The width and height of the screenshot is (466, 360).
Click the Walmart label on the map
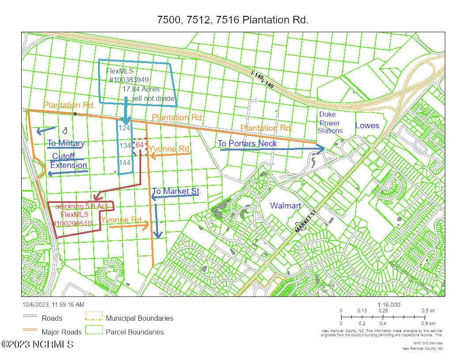point(286,206)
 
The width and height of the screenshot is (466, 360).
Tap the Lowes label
point(367,126)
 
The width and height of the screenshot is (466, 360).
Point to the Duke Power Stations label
point(330,123)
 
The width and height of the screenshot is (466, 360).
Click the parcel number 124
point(124,128)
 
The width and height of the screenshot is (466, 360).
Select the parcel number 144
point(124,162)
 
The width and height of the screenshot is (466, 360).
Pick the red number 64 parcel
point(140,145)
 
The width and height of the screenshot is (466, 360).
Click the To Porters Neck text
point(248,143)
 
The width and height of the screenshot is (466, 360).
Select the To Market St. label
point(177,191)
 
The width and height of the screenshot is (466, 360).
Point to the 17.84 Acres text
point(141,89)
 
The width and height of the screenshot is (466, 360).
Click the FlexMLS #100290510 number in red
point(72,224)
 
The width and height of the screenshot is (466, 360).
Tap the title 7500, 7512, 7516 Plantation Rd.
point(233,20)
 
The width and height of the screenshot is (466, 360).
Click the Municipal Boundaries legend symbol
point(93,317)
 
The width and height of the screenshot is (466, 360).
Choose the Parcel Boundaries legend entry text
point(135,332)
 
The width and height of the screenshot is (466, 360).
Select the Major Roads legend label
point(62,332)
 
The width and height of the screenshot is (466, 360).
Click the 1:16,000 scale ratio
point(389,305)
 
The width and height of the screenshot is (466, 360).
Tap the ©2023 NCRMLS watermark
point(38,344)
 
